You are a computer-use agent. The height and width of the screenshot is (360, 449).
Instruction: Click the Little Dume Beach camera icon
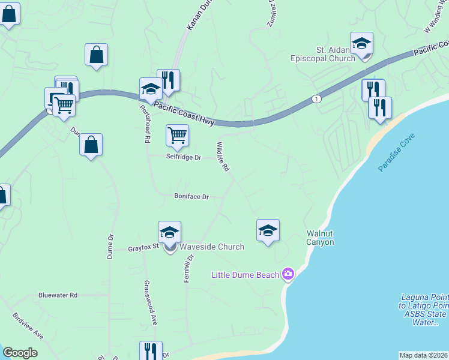(288, 274)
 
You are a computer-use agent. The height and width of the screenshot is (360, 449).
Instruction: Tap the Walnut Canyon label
(320, 238)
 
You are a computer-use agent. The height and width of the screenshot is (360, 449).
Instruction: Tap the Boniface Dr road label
(191, 196)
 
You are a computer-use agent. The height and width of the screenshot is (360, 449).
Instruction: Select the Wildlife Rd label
(223, 157)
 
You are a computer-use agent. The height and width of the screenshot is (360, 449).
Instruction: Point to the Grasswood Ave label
(153, 303)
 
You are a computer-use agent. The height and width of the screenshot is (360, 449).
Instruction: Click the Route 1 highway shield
(316, 98)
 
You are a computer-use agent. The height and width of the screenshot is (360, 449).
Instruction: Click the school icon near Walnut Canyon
(268, 230)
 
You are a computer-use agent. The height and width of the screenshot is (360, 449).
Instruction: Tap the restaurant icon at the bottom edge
(151, 350)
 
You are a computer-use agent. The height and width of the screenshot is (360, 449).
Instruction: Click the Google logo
(20, 353)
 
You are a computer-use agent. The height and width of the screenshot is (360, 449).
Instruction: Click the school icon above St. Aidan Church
(361, 43)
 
